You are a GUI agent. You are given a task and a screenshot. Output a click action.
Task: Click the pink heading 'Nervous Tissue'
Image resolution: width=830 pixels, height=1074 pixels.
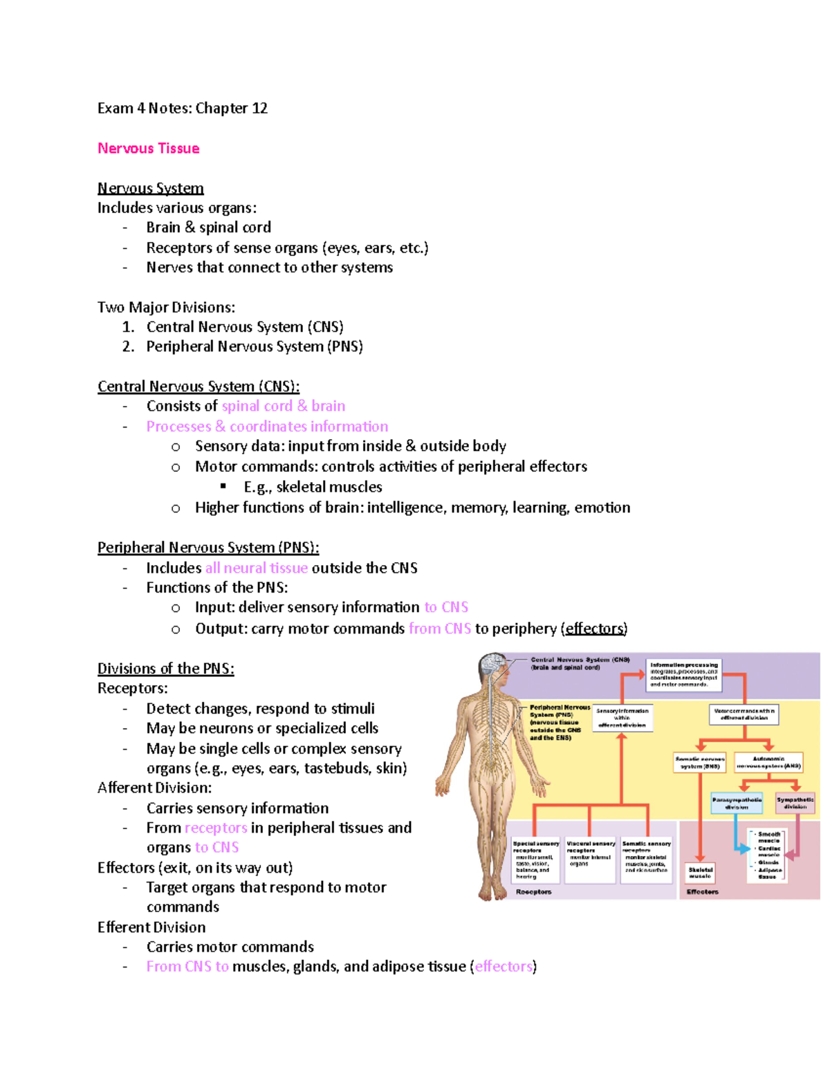(x=148, y=149)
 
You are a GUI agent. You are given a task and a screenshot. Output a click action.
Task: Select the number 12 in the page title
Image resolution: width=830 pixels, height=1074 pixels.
(x=259, y=109)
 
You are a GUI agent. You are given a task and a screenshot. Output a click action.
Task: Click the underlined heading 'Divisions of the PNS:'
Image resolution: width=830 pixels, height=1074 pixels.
(x=165, y=669)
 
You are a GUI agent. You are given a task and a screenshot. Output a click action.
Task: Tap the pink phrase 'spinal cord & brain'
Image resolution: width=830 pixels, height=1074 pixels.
(x=283, y=406)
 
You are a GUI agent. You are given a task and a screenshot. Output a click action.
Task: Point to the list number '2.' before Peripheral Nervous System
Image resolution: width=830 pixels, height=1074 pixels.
(x=128, y=346)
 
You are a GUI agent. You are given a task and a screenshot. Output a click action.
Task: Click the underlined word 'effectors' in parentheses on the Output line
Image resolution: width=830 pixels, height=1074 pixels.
(x=596, y=629)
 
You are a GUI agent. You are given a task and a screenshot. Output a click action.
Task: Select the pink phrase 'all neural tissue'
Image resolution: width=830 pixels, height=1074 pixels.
(x=256, y=568)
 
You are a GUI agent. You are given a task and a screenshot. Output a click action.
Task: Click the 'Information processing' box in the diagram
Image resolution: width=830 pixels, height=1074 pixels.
(x=684, y=675)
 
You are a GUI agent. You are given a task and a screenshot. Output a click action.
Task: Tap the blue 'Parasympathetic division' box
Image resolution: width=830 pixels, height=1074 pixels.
(x=737, y=803)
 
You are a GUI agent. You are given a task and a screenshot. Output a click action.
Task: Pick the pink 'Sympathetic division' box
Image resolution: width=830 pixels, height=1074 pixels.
(x=795, y=803)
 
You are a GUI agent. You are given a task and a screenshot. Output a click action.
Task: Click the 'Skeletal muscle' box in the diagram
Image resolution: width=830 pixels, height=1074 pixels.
(x=700, y=873)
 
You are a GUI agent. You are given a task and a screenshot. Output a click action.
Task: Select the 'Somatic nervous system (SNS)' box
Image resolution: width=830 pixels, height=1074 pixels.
(x=700, y=763)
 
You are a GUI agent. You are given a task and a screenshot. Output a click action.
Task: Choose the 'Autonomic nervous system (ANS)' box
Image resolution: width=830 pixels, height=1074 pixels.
(x=768, y=763)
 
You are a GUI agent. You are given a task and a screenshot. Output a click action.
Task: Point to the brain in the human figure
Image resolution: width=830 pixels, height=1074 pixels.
(x=492, y=665)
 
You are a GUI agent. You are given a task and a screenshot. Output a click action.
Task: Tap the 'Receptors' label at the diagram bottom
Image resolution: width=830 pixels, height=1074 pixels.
(x=533, y=892)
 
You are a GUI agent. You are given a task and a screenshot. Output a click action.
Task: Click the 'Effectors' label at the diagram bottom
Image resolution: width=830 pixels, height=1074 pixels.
(x=702, y=892)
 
